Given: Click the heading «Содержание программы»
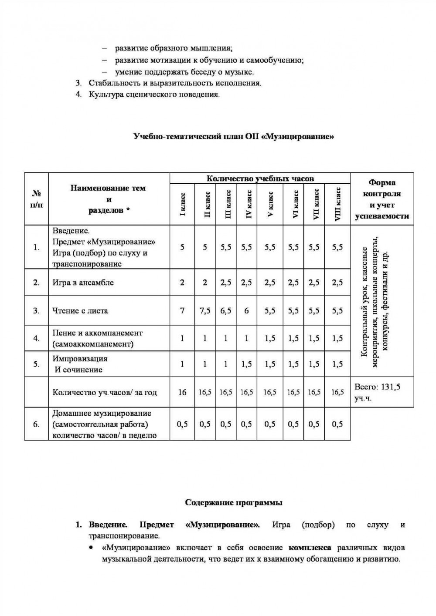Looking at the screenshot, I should coord(234,503).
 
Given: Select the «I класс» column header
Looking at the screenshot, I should coord(183,204).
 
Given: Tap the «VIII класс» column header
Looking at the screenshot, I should coord(338,204).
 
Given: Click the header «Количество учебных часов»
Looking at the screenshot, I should coord(260,178).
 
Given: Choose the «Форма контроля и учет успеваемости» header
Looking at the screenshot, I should coord(382,199).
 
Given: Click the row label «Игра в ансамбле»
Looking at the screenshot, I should coord(83,283).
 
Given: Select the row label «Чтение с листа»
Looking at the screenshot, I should coord(80,311).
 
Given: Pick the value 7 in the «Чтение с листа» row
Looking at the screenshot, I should coord(182,311).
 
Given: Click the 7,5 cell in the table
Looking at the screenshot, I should coord(205,311).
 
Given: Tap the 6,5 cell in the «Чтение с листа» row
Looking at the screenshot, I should coord(226,311).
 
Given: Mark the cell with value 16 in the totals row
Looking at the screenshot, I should coord(182,392).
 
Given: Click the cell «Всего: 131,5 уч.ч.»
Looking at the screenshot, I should coord(378,392).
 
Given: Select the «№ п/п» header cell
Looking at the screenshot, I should coord(37,199).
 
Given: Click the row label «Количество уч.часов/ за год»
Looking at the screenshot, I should coord(105,392).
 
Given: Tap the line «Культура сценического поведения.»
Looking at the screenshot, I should coord(154,94).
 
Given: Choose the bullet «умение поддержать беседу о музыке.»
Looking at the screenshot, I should coord(184,72).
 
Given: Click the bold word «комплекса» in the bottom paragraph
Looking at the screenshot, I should coord(310,547).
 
